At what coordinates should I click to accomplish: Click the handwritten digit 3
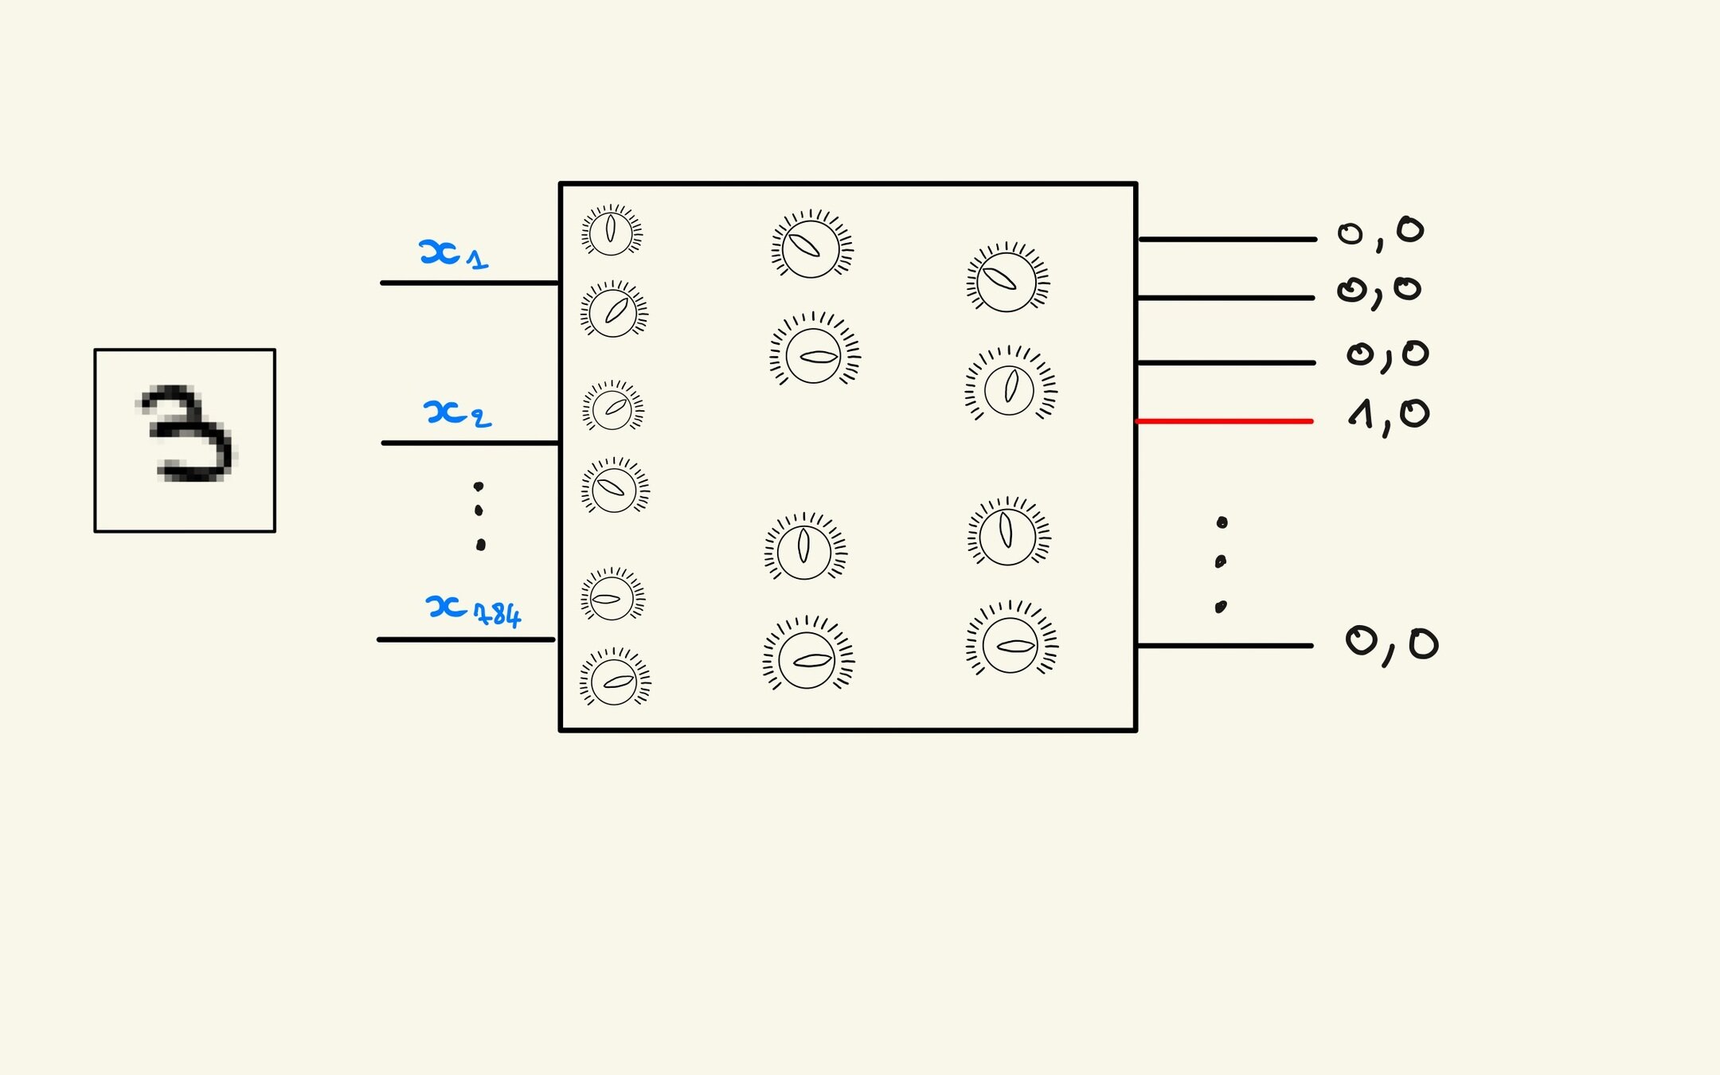[187, 434]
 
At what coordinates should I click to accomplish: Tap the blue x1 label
[451, 254]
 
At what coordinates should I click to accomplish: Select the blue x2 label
[456, 413]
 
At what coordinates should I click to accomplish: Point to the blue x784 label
[472, 610]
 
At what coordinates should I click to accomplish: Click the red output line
[1224, 420]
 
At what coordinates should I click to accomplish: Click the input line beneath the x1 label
[470, 283]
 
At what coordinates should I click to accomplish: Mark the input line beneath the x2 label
[470, 443]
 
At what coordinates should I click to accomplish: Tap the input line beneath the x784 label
[466, 639]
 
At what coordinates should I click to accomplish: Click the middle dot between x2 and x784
[479, 510]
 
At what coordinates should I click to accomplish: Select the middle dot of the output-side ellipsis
[1221, 561]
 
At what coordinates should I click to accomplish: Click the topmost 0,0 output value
[1380, 232]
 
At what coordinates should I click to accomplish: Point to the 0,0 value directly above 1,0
[1387, 354]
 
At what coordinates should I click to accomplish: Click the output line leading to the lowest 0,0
[1224, 646]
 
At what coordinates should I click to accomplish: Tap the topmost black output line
[1226, 239]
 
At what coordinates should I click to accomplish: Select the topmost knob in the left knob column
[611, 231]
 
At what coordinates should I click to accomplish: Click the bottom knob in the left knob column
[614, 680]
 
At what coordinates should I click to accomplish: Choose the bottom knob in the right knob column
[1010, 643]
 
